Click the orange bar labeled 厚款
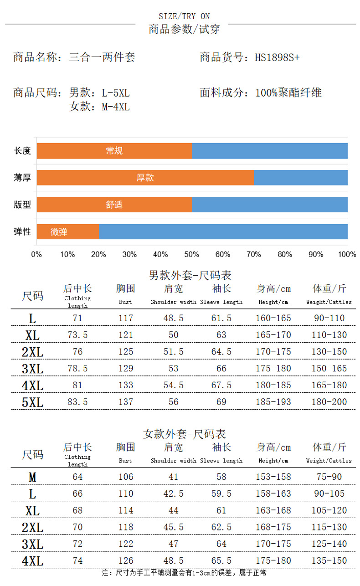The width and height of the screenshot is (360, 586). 145,178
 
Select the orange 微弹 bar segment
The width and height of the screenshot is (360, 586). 67,232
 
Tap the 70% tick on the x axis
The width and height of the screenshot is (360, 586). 253,254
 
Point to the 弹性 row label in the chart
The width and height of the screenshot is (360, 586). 22,232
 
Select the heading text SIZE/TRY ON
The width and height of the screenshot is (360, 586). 184,16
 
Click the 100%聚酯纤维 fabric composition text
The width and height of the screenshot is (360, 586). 288,93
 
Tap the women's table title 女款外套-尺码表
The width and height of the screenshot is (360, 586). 185,434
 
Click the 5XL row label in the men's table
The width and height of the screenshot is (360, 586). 32,402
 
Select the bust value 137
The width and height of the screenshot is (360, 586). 125,402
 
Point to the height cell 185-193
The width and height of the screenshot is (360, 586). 273,402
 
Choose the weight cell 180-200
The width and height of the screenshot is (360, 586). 329,402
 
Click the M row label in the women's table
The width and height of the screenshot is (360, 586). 32,477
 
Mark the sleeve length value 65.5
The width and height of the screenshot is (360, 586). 221,560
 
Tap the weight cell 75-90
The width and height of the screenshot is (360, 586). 329,477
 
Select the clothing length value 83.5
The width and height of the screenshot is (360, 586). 77,402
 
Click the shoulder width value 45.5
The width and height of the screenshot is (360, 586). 173,527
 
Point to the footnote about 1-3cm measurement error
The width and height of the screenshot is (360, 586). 184,573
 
